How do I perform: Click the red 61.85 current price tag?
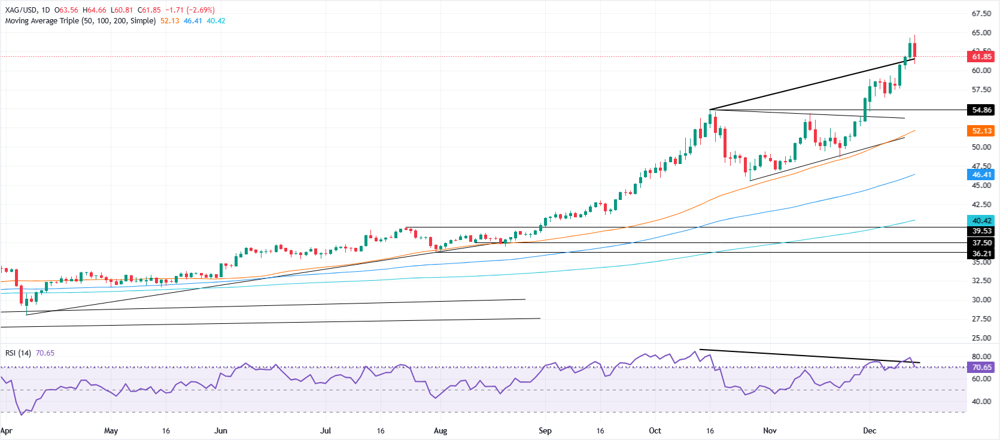pos(981,57)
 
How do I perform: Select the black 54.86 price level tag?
pos(981,110)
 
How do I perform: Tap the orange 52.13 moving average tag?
pos(981,131)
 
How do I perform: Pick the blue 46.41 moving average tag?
pos(981,175)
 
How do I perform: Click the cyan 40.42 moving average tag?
pos(981,221)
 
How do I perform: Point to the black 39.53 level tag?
pos(981,231)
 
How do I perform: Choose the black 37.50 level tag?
pos(981,243)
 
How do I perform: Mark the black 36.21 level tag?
pos(981,254)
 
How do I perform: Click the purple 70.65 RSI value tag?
pos(981,368)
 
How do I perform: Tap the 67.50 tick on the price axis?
pos(981,14)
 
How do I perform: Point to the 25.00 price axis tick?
pos(981,338)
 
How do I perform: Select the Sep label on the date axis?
pos(545,431)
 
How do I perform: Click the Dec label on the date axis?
pos(869,431)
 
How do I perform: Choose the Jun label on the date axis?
pos(221,431)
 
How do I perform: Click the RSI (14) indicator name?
pos(18,353)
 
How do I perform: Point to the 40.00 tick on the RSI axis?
pos(981,402)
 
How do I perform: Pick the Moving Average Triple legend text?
pos(80,21)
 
